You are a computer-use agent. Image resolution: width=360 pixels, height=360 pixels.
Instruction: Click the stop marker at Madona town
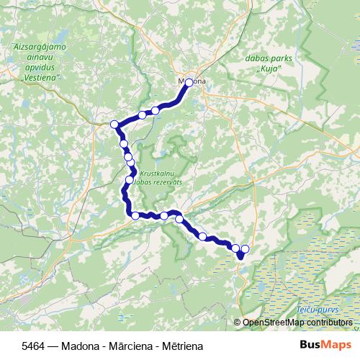[x=189, y=83]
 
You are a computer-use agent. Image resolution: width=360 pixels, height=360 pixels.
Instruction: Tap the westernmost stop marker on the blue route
[x=114, y=125]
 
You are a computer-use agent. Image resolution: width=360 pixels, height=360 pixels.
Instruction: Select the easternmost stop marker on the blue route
[x=245, y=248]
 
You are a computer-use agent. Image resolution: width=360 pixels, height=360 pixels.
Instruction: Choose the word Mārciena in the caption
[x=128, y=346]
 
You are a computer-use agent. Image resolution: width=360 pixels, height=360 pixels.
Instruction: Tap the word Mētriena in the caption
[x=180, y=346]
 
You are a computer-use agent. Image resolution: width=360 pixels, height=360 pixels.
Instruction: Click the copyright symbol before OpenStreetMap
[x=238, y=322]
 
